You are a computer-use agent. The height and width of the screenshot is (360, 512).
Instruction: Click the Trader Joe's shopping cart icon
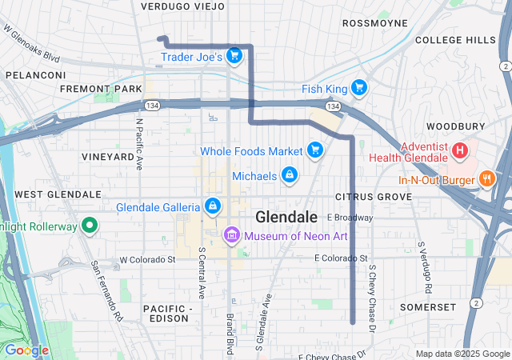(234, 55)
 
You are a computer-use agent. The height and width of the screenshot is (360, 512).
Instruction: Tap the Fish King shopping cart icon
(359, 88)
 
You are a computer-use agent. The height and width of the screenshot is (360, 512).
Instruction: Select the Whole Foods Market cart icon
(315, 150)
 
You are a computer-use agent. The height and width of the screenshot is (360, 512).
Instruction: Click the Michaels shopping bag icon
(290, 174)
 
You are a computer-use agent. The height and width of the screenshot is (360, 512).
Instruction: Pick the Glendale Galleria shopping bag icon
(212, 206)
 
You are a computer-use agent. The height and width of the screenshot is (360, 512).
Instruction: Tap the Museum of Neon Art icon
(232, 234)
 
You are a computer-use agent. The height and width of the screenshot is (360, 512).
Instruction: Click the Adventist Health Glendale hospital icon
(460, 150)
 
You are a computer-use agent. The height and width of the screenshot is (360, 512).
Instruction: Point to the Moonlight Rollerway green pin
(89, 226)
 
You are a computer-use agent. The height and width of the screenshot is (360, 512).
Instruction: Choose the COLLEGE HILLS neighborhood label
(456, 40)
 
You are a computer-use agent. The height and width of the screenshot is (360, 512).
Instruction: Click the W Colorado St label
(147, 260)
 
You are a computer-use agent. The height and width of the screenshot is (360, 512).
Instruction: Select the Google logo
(26, 350)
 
